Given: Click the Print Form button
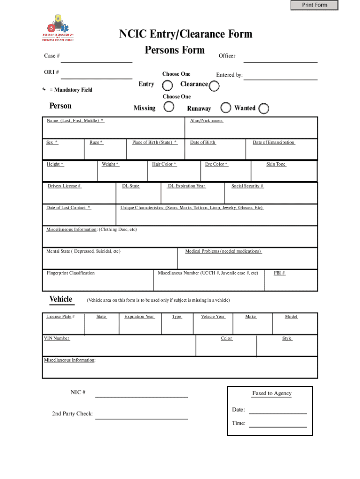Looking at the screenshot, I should (314, 5).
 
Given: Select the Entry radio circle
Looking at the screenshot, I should (167, 85).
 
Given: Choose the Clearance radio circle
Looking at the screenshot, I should (214, 86).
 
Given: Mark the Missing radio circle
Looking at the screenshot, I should (169, 107).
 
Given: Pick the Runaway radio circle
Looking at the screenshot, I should (226, 108).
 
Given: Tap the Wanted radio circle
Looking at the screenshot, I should (264, 109).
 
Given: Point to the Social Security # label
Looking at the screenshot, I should (247, 186).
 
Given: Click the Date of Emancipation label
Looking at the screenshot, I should (274, 142).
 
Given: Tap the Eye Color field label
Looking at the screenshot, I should (216, 164).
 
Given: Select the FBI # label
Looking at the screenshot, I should (280, 273).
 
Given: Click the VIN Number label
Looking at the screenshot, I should (57, 338).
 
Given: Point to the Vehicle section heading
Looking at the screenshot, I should (61, 299).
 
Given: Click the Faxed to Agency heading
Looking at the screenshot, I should (272, 393).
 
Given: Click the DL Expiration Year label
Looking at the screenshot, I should (186, 186).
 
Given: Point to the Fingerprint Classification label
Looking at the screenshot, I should (71, 273).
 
